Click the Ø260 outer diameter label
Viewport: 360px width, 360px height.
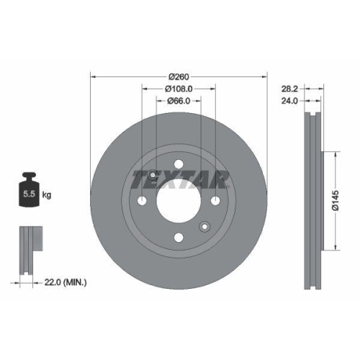coord(178,77)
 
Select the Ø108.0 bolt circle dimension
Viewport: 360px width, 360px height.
coord(178,89)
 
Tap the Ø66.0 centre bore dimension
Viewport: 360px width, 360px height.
coord(178,102)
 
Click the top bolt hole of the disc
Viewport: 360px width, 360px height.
coord(178,165)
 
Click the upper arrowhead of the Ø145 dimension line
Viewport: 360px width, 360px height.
coord(333,153)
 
